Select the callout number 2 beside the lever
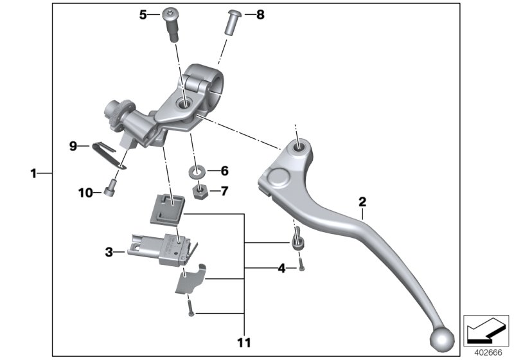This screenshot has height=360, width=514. [x=362, y=202]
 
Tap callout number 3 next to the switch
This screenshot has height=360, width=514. [x=109, y=253]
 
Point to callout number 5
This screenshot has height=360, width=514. [x=143, y=14]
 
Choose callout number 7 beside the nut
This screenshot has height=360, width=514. [x=224, y=191]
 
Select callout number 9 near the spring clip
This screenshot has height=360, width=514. [x=74, y=146]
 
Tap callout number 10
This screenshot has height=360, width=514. [x=85, y=192]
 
